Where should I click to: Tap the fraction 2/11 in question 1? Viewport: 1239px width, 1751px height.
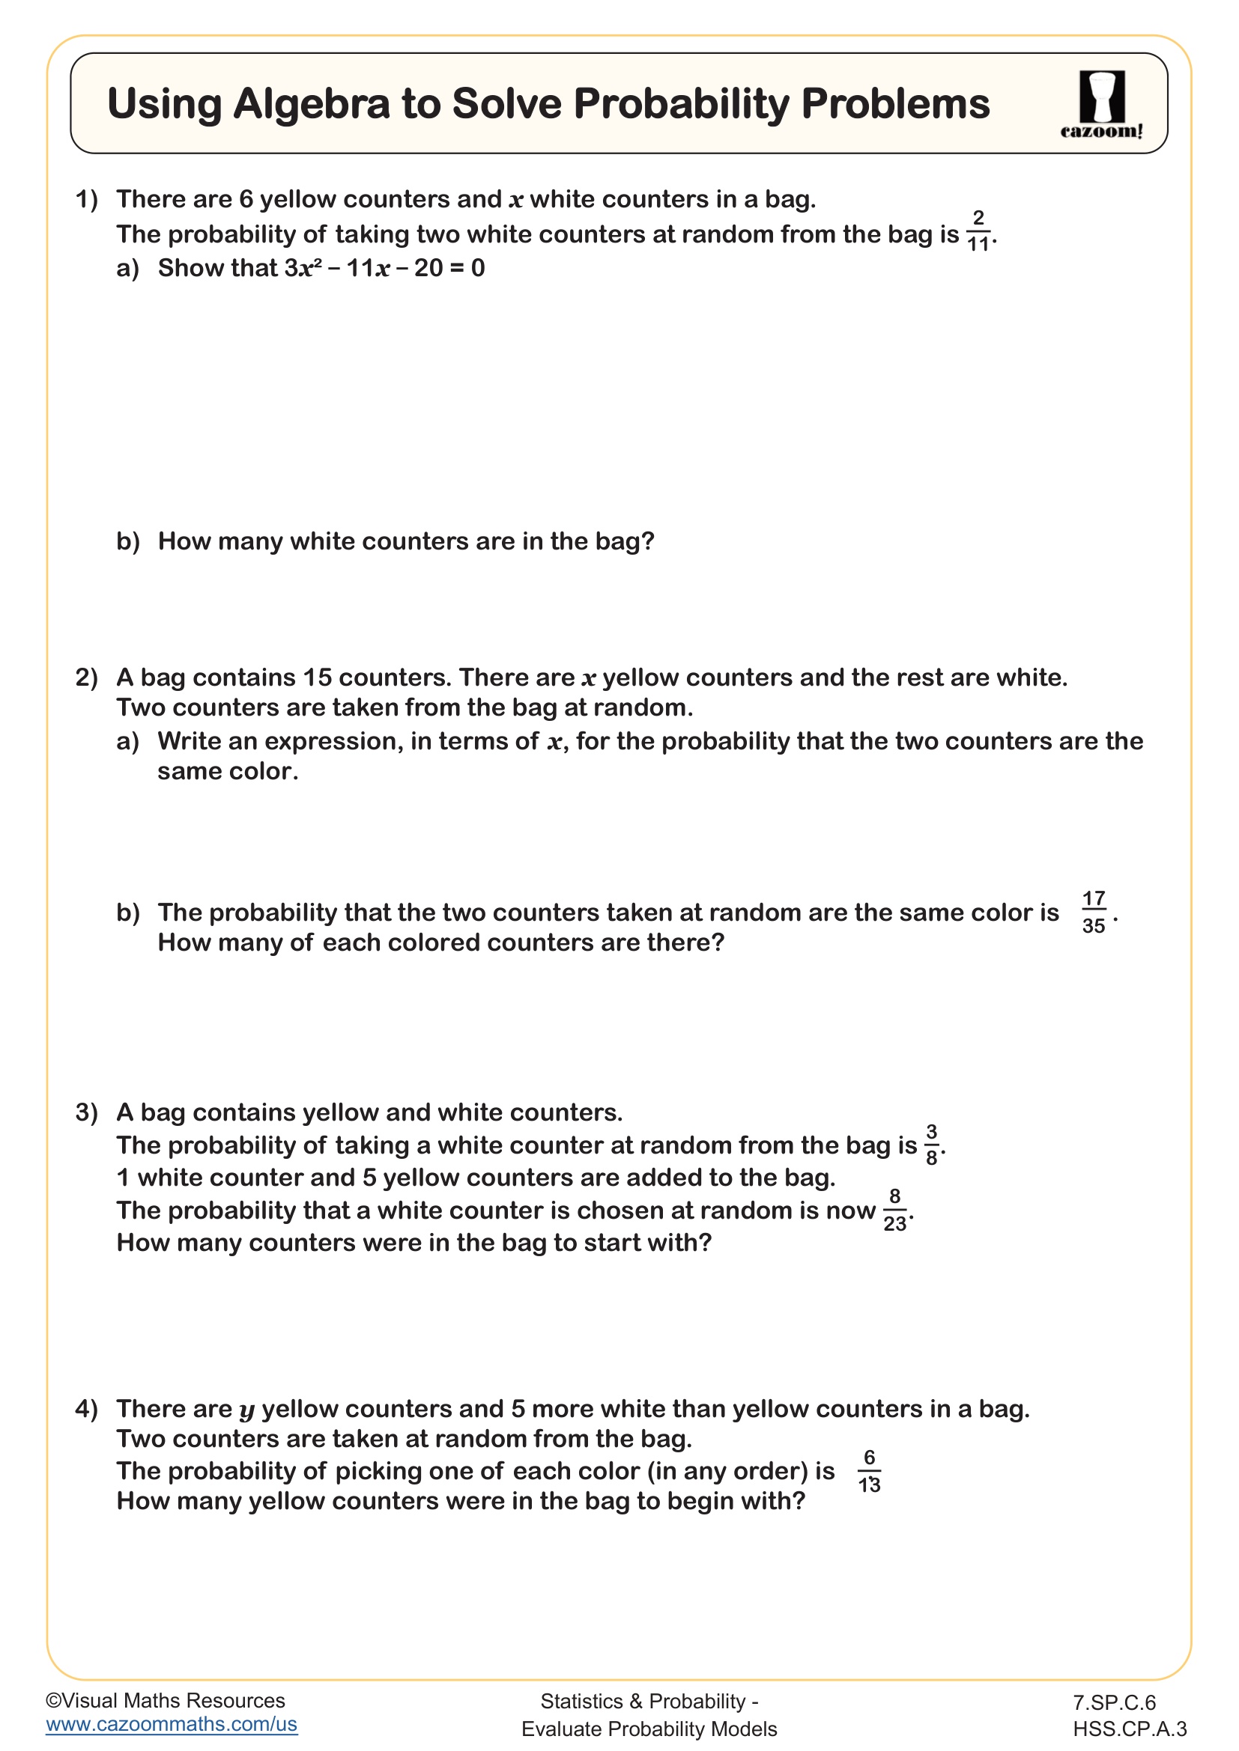(978, 231)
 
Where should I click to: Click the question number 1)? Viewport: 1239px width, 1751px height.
(87, 200)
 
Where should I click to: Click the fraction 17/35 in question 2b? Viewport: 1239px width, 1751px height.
(1093, 912)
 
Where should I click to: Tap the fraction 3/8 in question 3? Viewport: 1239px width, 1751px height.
(932, 1145)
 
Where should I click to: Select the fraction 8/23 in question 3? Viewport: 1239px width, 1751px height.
(895, 1211)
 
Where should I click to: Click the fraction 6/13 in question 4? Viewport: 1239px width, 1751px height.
(869, 1471)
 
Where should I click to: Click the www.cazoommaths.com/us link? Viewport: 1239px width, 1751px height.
(172, 1724)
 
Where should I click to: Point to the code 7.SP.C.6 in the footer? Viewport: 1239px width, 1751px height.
(1114, 1702)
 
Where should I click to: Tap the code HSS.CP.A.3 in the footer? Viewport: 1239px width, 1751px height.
(1129, 1728)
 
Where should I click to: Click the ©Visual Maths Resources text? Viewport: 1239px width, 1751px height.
(166, 1701)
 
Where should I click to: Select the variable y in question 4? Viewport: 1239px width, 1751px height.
(246, 1410)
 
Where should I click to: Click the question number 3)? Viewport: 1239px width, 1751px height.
(87, 1112)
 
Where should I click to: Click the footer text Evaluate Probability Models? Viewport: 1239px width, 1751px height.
(649, 1728)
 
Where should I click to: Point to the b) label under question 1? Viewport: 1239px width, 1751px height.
(128, 541)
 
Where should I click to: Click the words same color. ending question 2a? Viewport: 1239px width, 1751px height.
(228, 772)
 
